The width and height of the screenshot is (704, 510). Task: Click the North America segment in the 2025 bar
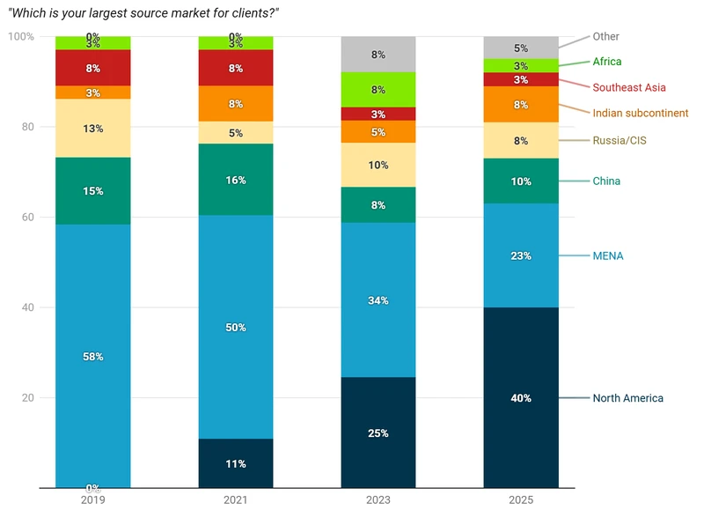click(521, 397)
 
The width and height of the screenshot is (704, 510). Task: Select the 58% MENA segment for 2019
click(92, 356)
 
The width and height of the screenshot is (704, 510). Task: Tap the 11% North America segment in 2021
click(235, 463)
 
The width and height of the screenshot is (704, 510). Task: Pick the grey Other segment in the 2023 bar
click(378, 54)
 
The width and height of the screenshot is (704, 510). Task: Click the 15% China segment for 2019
click(92, 190)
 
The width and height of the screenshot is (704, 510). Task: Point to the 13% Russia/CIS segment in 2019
click(92, 128)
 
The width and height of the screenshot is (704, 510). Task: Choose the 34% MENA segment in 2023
click(378, 299)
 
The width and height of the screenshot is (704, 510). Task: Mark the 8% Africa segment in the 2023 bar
click(378, 89)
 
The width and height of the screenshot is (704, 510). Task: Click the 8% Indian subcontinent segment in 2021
click(235, 103)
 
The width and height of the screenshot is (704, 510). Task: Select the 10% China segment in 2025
click(521, 181)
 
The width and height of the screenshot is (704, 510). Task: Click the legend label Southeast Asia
click(629, 87)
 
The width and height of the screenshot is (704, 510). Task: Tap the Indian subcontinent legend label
click(641, 113)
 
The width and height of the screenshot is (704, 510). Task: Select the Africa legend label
click(607, 62)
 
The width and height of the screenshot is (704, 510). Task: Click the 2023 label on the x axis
click(378, 499)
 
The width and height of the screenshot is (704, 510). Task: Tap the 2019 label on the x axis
click(92, 499)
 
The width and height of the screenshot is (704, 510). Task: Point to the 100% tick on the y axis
click(21, 36)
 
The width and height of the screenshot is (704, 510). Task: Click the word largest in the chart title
click(107, 13)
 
